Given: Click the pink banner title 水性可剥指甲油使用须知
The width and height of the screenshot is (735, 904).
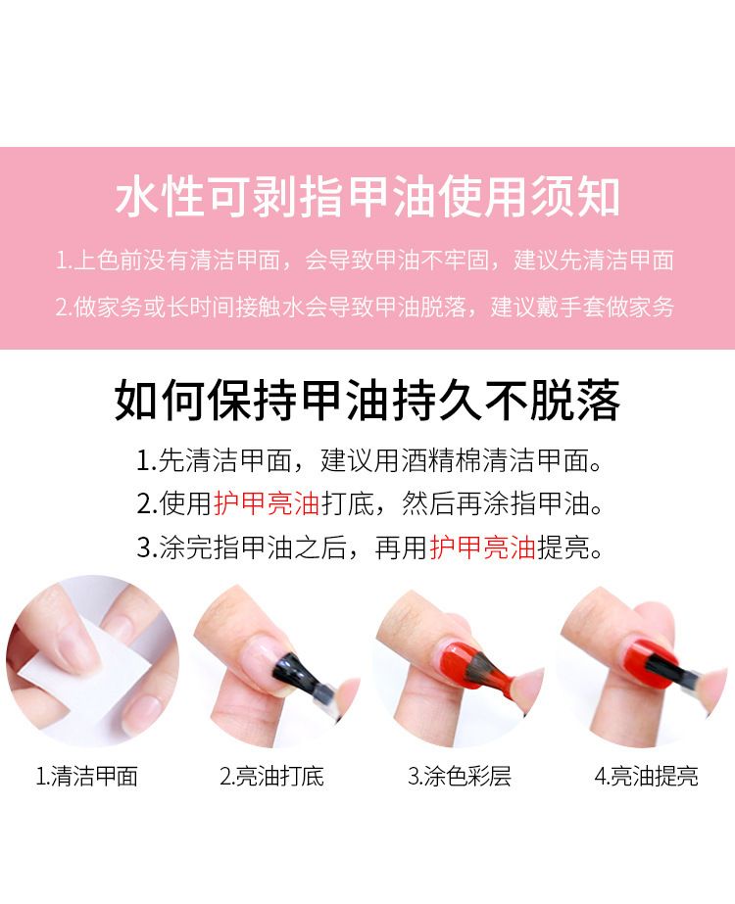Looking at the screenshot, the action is (367, 197).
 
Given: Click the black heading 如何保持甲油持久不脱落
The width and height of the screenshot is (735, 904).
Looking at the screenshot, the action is (367, 401).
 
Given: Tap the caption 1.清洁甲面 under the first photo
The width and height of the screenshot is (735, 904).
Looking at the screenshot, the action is (87, 776).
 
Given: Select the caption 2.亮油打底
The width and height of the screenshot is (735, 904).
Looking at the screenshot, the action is (271, 776).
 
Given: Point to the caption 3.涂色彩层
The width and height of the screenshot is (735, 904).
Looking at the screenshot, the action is (460, 776).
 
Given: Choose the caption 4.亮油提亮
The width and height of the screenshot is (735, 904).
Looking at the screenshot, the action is (646, 776).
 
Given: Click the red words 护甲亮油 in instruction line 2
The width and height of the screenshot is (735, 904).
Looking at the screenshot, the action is (267, 503).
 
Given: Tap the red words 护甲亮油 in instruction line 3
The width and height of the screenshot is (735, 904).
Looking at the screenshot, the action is (483, 547).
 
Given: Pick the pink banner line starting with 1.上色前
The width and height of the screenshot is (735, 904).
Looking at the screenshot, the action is (366, 260).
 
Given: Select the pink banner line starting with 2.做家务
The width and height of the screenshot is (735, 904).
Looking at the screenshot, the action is (366, 307).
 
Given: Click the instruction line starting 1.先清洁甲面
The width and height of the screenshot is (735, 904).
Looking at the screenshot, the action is (369, 460).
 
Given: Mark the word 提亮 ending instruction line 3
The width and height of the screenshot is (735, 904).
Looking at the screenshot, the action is (563, 547).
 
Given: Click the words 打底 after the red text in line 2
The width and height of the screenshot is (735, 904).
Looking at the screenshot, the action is (348, 503).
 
